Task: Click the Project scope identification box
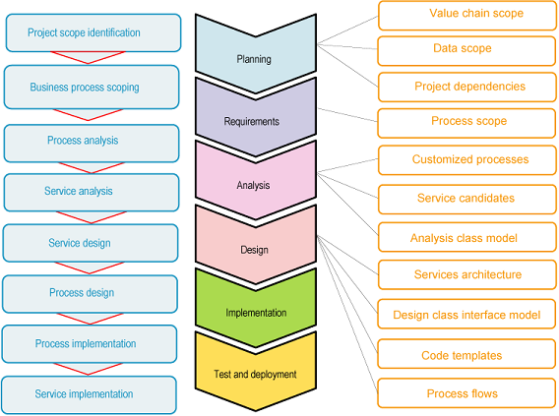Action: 93,32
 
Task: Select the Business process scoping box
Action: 92,87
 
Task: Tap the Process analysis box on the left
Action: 92,142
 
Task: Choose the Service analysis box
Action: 92,192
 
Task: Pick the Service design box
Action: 92,243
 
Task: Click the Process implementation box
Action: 91,344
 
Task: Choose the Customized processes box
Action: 466,159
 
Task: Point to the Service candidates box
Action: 466,198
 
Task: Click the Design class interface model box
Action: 466,315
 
